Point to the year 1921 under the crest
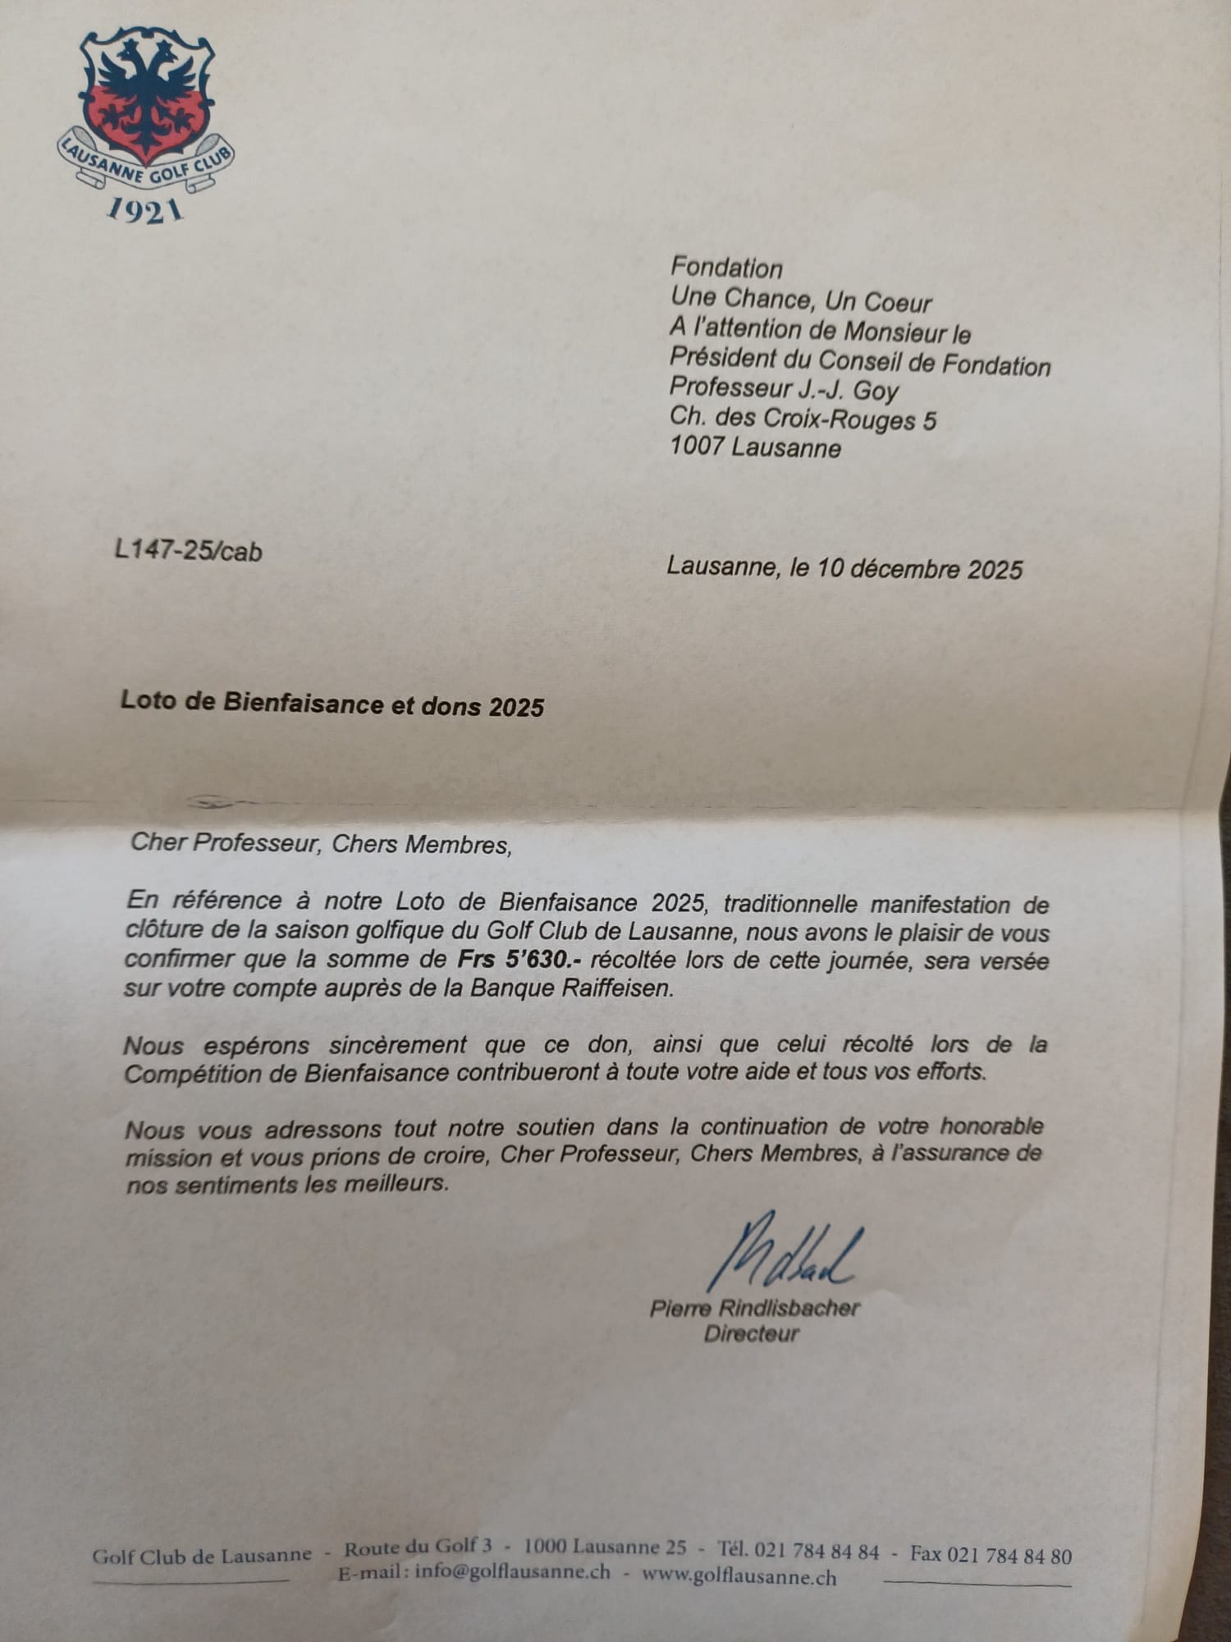tap(145, 211)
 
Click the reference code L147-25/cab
tap(188, 551)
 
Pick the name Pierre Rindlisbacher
tap(755, 1308)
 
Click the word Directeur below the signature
tap(751, 1333)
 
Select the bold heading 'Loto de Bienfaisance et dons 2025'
tap(332, 704)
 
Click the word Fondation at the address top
tap(726, 268)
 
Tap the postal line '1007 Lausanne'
tap(755, 448)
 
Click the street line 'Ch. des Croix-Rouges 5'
tap(803, 419)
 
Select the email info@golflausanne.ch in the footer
tap(513, 1571)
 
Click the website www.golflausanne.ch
tap(739, 1576)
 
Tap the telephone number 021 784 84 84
tap(817, 1552)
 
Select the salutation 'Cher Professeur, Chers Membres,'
tap(321, 843)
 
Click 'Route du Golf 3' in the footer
tap(418, 1548)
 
